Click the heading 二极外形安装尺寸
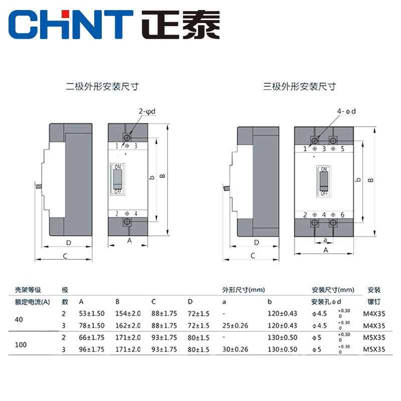click(x=102, y=86)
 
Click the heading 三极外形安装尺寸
click(x=300, y=86)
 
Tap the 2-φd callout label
click(x=148, y=112)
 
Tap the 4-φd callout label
click(x=347, y=112)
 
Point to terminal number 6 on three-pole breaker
click(x=342, y=215)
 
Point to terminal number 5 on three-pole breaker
click(x=342, y=148)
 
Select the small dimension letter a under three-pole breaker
click(x=325, y=240)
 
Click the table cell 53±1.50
click(x=91, y=314)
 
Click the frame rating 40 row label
click(x=19, y=320)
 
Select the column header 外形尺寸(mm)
click(x=244, y=290)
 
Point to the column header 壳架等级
click(x=28, y=290)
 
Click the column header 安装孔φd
click(x=326, y=302)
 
